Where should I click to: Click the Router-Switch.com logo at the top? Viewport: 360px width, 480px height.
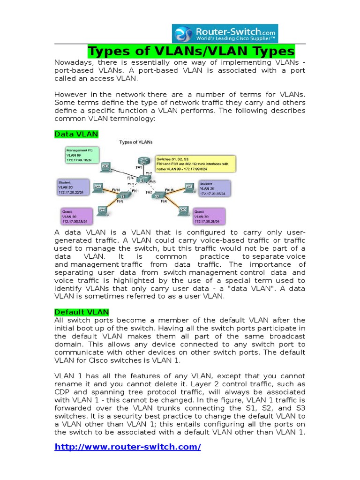225,33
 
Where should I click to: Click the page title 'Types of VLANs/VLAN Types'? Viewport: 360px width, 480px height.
192,51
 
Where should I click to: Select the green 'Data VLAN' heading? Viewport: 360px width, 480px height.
76,134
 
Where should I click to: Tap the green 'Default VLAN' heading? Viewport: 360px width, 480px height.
82,312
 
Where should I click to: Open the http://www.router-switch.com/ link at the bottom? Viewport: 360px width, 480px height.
127,447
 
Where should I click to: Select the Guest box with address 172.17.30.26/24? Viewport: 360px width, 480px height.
209,217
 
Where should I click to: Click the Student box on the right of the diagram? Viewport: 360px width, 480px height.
214,187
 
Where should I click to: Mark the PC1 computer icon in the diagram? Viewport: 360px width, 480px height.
106,166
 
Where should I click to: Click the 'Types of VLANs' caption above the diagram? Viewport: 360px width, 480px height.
136,142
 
